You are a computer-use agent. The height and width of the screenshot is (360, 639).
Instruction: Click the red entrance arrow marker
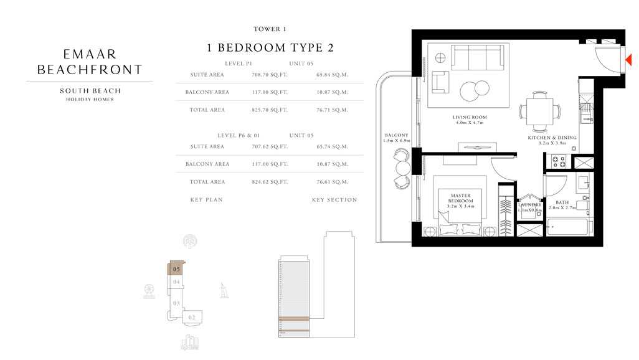tap(628, 60)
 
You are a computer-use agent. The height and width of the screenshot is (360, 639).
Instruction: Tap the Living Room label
tap(470, 117)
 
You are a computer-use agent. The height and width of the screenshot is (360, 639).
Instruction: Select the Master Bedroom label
tap(461, 199)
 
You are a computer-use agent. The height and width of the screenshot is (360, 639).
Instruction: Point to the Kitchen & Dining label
tap(552, 138)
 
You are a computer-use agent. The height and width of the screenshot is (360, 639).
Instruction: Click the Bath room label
tap(562, 202)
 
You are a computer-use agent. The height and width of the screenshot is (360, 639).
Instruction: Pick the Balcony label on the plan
tap(397, 135)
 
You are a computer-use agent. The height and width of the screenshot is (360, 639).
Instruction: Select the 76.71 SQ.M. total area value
tap(332, 110)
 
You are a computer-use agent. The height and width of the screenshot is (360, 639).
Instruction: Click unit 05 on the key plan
tap(177, 268)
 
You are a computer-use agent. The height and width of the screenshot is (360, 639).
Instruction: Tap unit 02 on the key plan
tap(192, 317)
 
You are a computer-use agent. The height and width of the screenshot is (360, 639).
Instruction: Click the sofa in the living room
tap(478, 58)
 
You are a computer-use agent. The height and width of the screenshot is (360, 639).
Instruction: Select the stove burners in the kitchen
tap(559, 162)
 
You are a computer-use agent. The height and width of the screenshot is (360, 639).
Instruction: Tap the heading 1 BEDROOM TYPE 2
tap(270, 48)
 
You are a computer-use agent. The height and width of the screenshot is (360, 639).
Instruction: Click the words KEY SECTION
tap(334, 200)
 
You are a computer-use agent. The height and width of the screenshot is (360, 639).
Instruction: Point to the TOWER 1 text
tap(270, 29)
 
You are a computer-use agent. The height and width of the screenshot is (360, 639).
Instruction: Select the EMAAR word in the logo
tap(90, 54)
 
